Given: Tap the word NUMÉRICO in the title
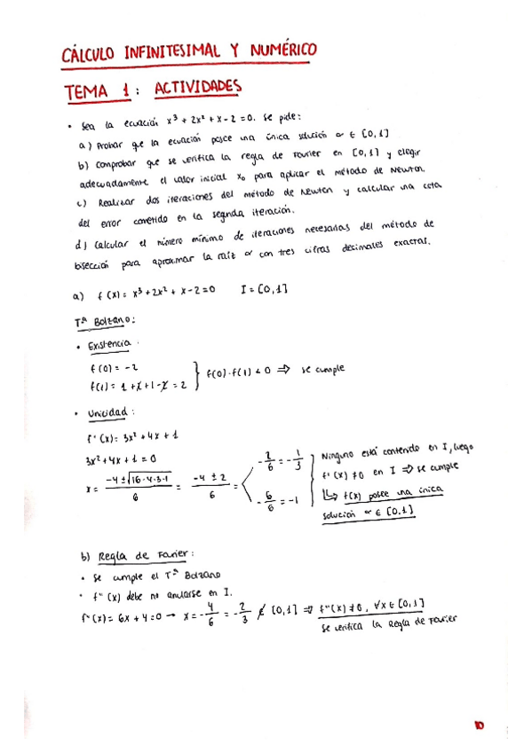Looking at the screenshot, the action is coord(279,52).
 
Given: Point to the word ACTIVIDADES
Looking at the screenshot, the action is coord(198,89).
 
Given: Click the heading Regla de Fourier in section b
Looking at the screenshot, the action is coord(137,555).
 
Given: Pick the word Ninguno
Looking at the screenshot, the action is coord(340,456).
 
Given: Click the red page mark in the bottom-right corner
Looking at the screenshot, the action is coord(479,726).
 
